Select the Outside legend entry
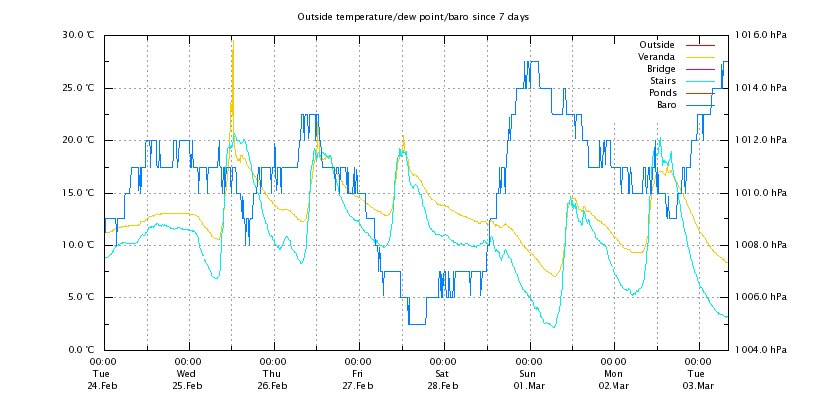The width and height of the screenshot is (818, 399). [656, 45]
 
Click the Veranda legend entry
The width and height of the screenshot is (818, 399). [656, 57]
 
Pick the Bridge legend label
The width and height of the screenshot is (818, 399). [659, 69]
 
